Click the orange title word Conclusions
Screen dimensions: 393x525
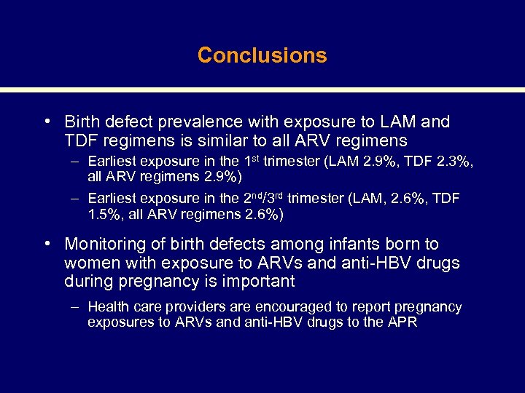pyautogui.click(x=262, y=55)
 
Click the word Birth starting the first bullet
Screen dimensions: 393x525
pyautogui.click(x=83, y=122)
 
